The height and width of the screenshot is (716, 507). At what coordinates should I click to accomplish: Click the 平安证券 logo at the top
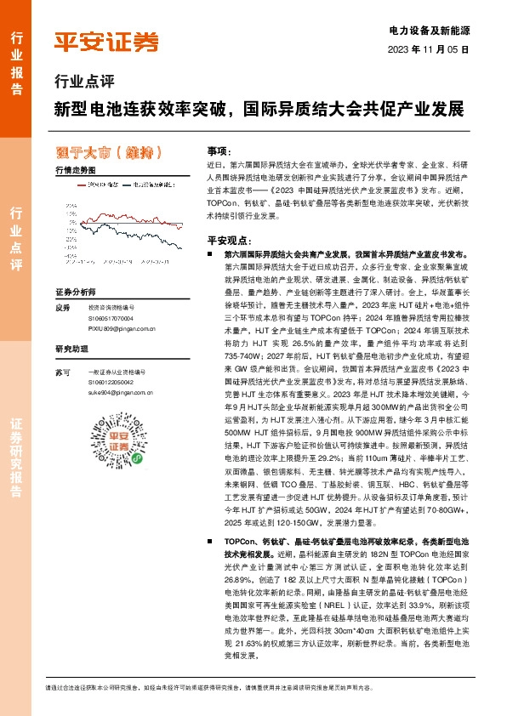click(x=105, y=43)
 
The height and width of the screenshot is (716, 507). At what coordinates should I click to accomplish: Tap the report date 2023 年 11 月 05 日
click(x=430, y=49)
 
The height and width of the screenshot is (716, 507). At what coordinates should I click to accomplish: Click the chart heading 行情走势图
click(x=75, y=170)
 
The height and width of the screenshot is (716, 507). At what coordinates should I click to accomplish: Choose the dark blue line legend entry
click(x=145, y=184)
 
